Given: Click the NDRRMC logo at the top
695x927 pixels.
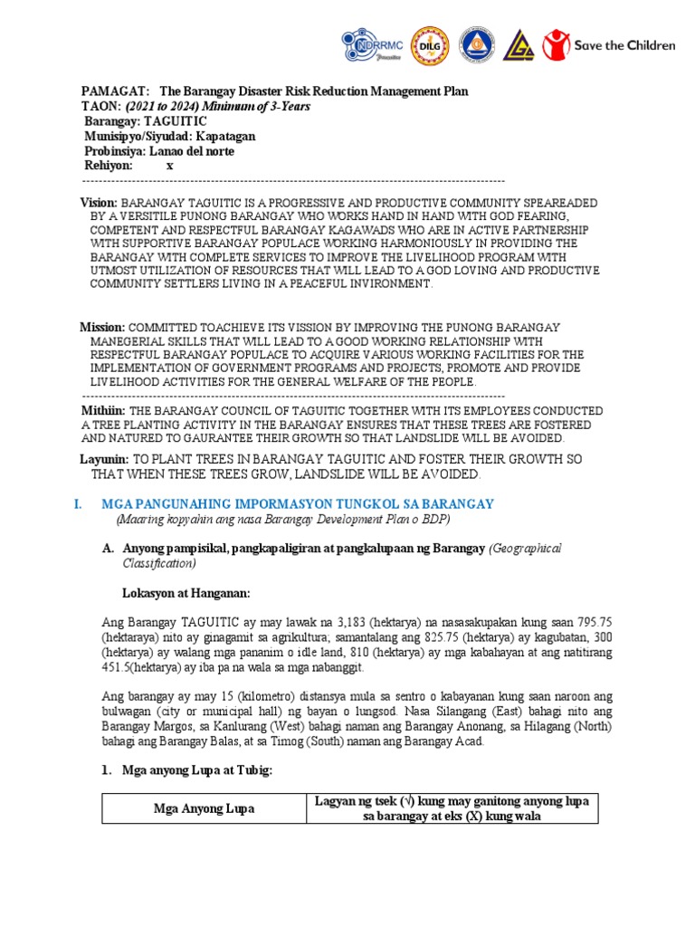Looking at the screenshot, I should tap(369, 44).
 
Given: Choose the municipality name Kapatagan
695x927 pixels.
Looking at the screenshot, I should tap(224, 136).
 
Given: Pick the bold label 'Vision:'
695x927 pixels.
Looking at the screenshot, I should tap(100, 202).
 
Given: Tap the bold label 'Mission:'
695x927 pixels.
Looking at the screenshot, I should tap(103, 327).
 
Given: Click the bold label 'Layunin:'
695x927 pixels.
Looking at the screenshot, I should tap(105, 460).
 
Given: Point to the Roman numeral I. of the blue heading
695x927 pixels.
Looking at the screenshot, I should tap(79, 503).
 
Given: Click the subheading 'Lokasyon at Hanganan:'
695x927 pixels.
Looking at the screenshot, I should tap(186, 593).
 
